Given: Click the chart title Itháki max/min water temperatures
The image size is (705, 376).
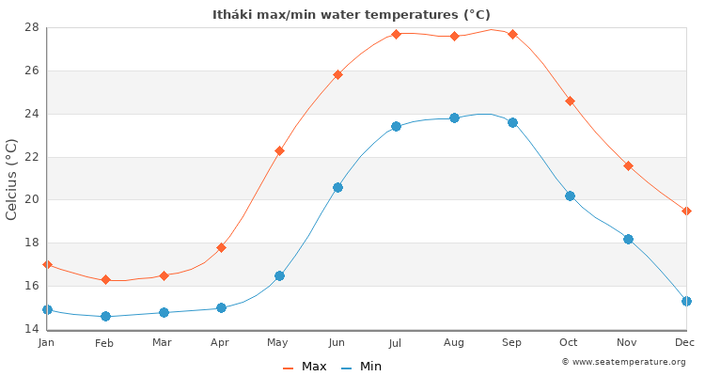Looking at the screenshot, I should (352, 14).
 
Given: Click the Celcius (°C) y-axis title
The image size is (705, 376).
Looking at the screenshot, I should (11, 179).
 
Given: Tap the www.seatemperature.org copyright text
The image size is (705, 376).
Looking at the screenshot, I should (623, 362).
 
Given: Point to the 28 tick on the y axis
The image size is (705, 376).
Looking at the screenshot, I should (31, 27).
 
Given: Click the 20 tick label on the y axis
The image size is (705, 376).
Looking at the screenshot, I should (31, 199).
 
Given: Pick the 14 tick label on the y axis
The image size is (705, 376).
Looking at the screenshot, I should (31, 329).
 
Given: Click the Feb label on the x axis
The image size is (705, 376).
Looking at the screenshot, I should (104, 343).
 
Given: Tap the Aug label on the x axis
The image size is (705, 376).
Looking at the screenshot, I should (454, 343).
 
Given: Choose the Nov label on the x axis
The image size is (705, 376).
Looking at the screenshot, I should (628, 343).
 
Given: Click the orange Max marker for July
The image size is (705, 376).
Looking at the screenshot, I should (396, 34).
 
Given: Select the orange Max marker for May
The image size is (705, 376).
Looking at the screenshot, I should (279, 150).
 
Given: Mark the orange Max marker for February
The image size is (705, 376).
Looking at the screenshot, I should (105, 279).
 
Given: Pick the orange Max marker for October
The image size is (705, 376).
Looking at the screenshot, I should (570, 101).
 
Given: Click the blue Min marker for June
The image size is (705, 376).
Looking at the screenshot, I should (337, 187).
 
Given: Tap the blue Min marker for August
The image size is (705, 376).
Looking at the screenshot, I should (454, 117).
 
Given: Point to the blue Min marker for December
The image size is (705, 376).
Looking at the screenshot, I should (686, 301).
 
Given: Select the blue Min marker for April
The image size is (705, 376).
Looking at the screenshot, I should (221, 307).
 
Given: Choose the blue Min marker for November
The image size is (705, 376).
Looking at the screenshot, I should (628, 239).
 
